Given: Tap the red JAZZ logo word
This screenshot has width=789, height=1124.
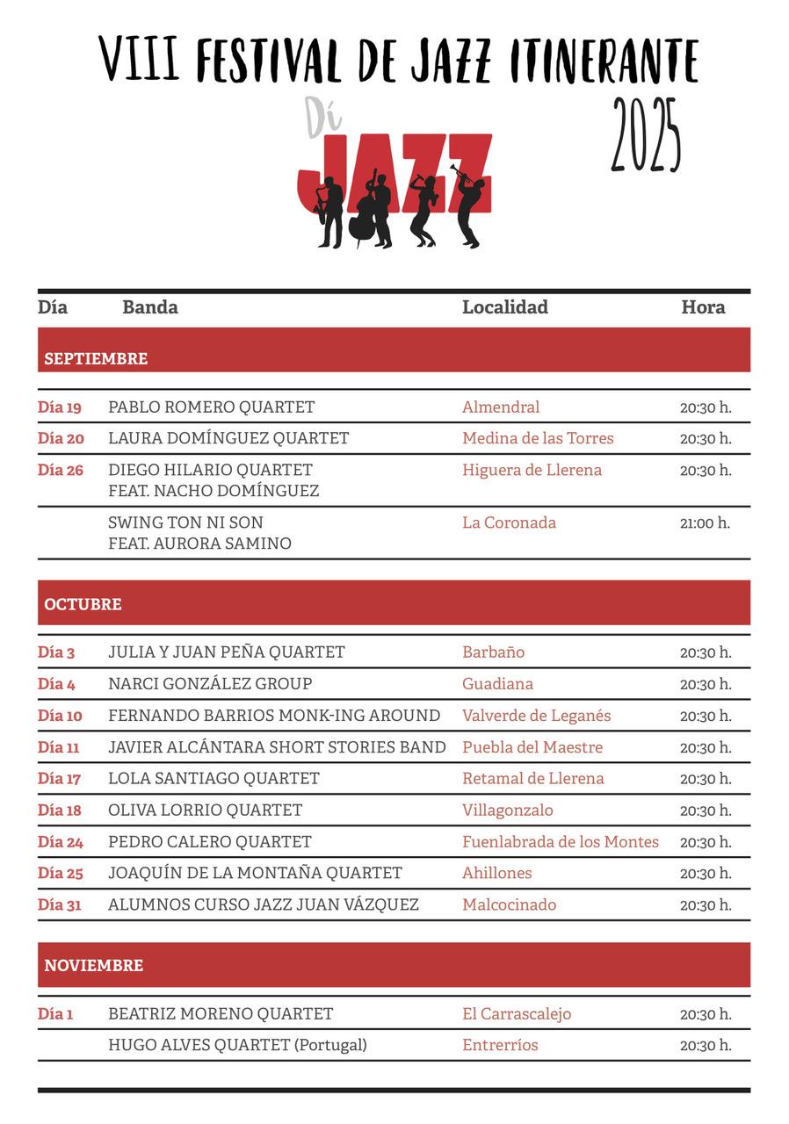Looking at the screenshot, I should click(x=395, y=176).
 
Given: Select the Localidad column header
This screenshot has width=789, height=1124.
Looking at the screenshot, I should click(x=505, y=306).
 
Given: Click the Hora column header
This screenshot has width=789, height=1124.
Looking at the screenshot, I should click(x=703, y=306).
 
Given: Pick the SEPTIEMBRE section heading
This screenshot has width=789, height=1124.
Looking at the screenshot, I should click(x=96, y=358).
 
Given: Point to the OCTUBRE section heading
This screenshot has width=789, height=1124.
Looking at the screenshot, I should click(x=83, y=604).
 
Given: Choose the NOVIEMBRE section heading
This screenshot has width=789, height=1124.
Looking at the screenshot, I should click(x=93, y=965).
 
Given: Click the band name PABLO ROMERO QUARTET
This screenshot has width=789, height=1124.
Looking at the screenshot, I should click(x=211, y=407).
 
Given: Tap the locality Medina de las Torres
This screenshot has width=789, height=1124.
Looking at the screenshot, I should click(x=538, y=438).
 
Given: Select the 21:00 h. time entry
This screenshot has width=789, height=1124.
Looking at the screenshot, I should click(x=705, y=523).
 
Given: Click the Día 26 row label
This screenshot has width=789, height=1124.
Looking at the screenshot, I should click(x=61, y=470).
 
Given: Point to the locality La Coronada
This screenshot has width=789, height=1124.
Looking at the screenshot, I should click(x=509, y=522).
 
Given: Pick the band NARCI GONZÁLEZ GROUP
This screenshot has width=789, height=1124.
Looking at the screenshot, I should click(x=210, y=684).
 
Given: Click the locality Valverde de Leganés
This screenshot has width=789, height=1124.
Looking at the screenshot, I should click(x=536, y=716).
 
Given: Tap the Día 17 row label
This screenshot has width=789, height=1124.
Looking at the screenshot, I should click(x=59, y=779).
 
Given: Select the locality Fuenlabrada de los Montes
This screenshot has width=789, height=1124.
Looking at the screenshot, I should click(x=560, y=841).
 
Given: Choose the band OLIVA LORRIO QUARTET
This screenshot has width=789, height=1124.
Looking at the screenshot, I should click(x=205, y=811).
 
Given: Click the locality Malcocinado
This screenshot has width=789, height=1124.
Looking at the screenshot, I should click(x=509, y=904).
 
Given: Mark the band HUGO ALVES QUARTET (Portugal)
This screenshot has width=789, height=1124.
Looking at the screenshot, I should click(x=237, y=1045).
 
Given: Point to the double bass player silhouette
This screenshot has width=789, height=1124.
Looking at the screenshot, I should click(x=369, y=211).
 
